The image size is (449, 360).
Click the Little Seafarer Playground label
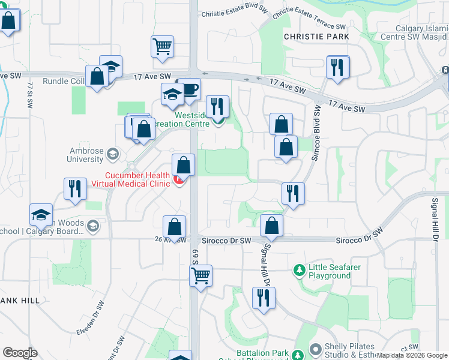[330, 271]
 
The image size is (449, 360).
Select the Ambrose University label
[85, 155]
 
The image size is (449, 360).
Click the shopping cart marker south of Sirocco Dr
[200, 275]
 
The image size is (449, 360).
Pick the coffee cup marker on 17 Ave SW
[190, 89]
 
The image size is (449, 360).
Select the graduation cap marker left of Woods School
[41, 214]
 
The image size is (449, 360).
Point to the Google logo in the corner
[20, 353]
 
